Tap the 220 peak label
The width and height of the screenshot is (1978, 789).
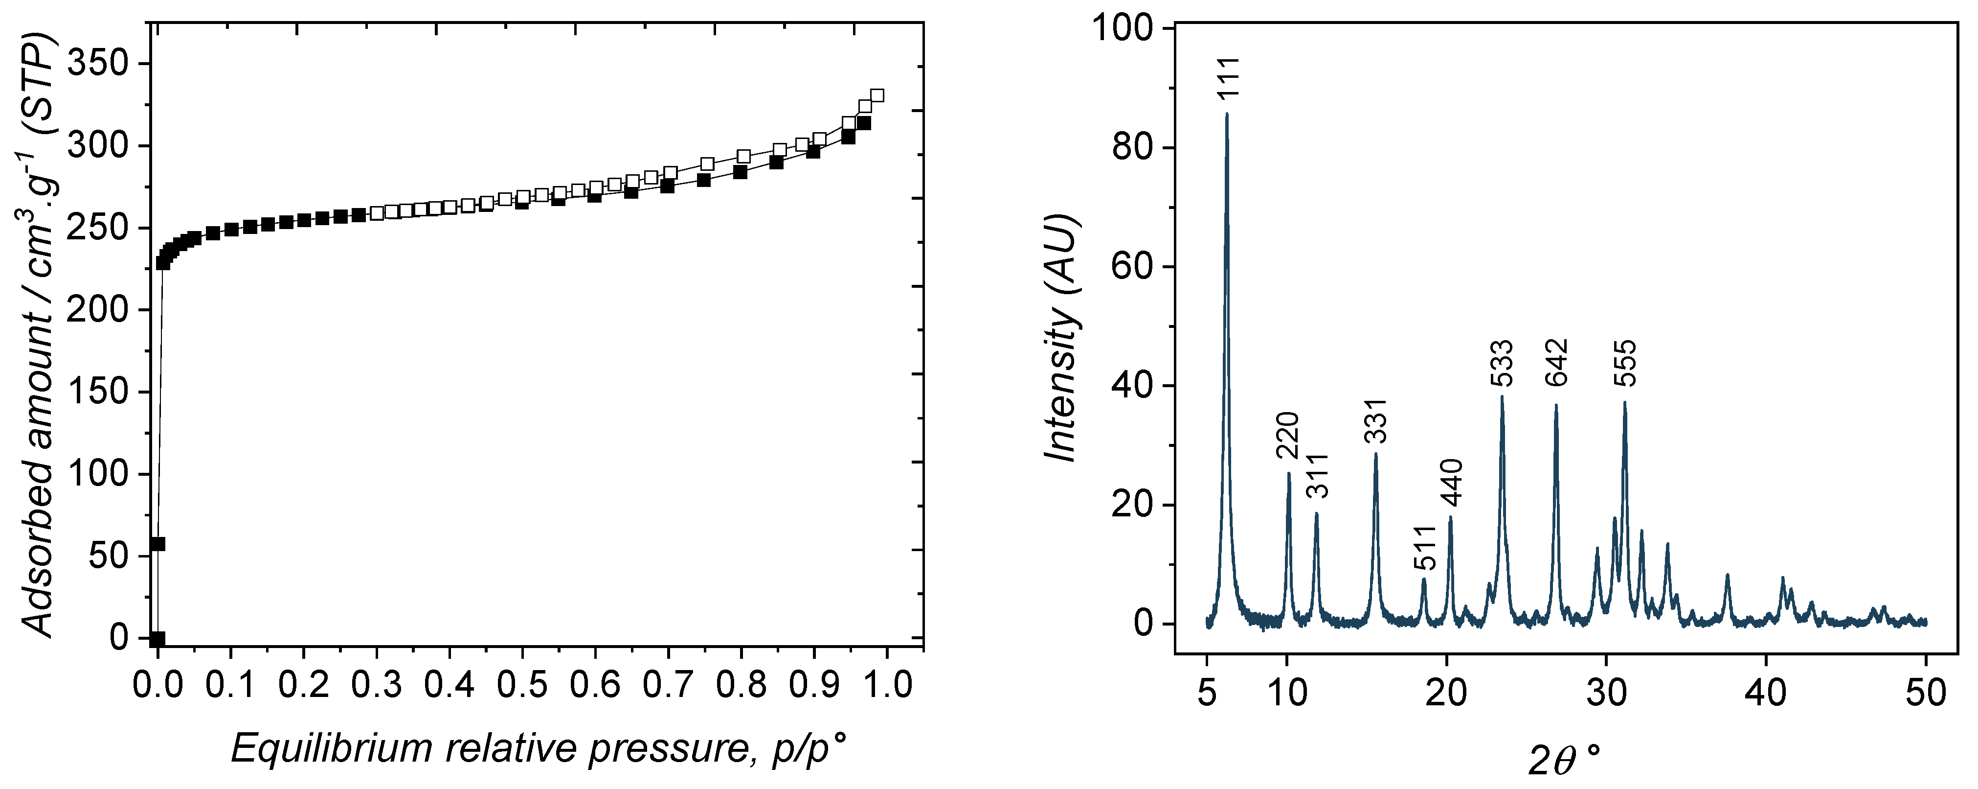pos(1288,436)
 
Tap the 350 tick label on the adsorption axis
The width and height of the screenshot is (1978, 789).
pos(107,63)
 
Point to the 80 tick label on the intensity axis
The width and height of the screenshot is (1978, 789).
pos(1132,147)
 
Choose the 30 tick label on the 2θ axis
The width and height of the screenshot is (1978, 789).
pos(1606,693)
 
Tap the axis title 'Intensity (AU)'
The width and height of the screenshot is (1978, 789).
pos(1063,338)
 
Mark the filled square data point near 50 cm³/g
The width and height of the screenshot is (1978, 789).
pos(157,544)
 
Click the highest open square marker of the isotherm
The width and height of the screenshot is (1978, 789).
pos(877,95)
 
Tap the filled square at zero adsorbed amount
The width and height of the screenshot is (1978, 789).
pos(157,638)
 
